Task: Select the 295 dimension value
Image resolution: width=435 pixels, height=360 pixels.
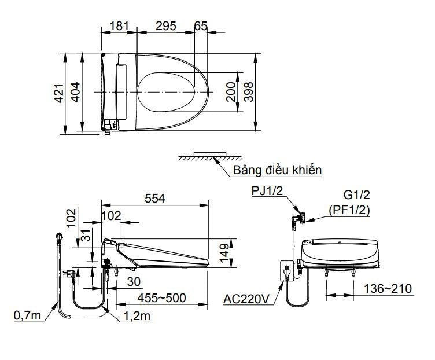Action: [165, 27]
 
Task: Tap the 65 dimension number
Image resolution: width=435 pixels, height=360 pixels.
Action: [200, 27]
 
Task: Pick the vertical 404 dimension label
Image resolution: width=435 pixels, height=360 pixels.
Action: [75, 93]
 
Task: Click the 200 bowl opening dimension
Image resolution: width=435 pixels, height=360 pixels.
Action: [231, 92]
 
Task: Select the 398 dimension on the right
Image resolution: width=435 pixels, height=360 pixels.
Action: [249, 92]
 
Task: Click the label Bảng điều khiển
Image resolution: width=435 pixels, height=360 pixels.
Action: [277, 170]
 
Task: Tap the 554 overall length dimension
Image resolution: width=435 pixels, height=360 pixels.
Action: [154, 198]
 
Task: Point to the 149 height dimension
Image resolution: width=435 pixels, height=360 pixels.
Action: [224, 254]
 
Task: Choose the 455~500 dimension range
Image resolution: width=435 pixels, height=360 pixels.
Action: [161, 297]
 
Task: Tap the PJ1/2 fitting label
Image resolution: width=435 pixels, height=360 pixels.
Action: [267, 192]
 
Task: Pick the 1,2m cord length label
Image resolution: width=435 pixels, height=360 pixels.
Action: [137, 315]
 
